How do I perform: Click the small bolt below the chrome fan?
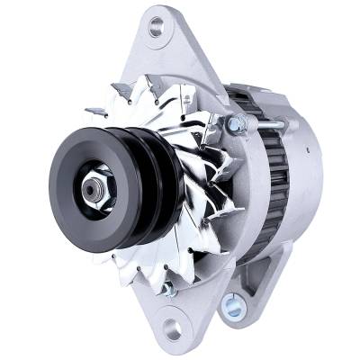pyautogui.click(x=167, y=288)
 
